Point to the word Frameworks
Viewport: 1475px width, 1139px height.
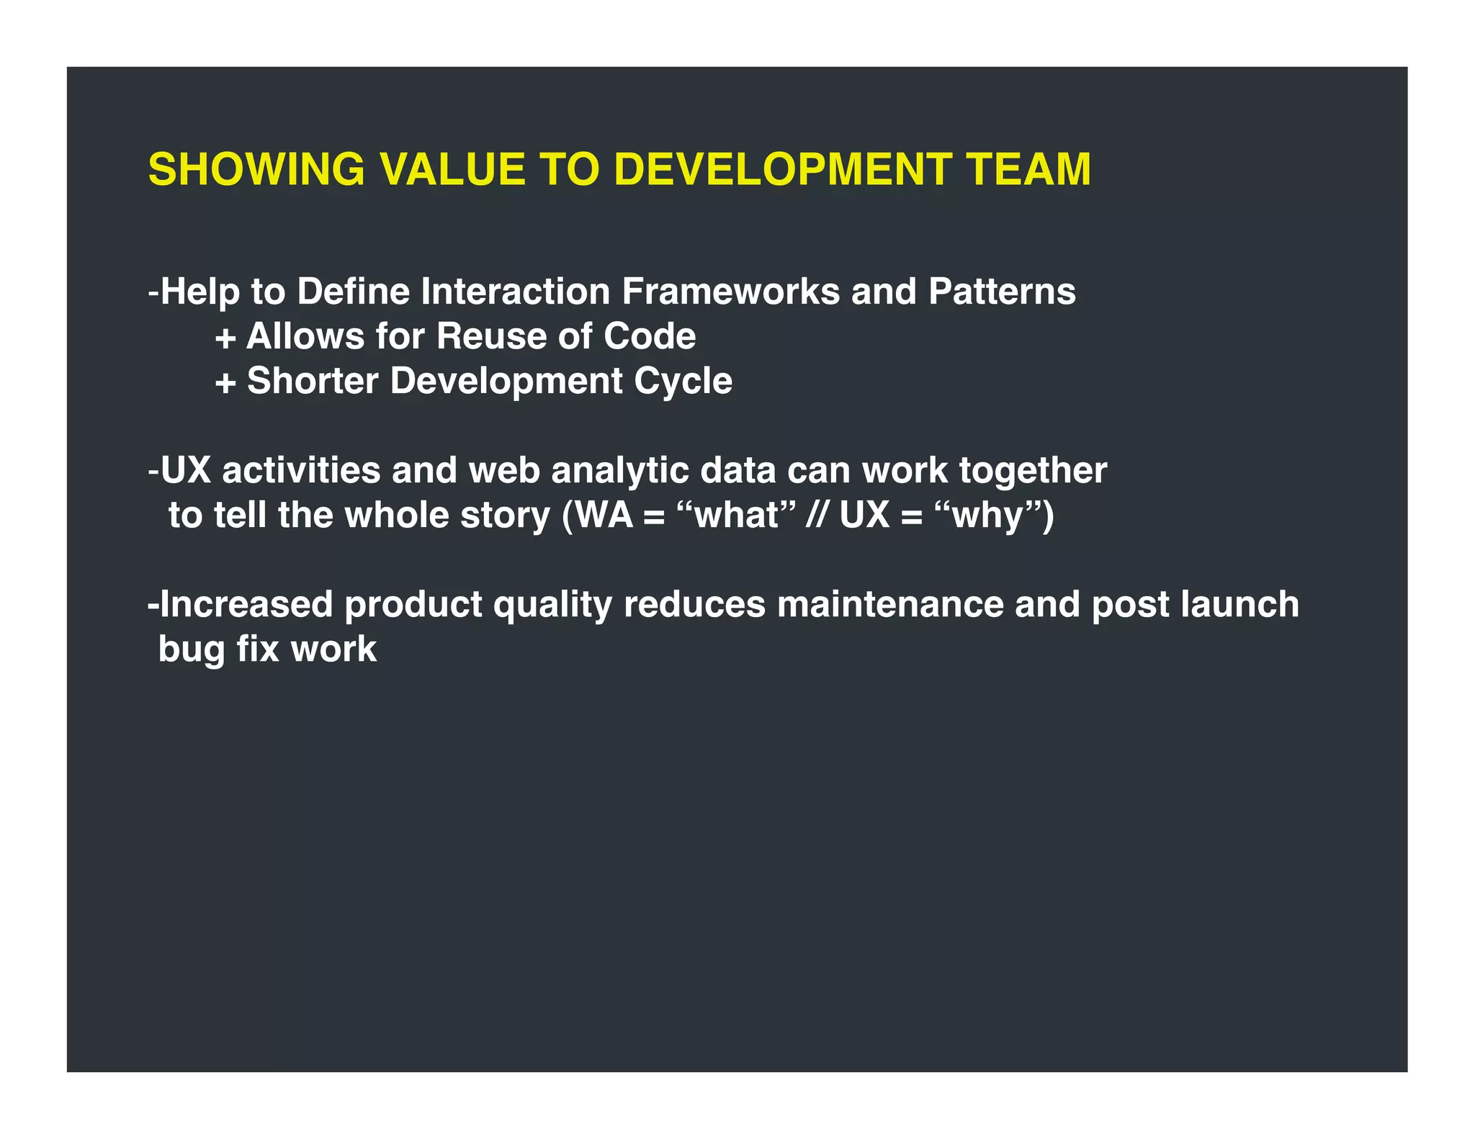[730, 292]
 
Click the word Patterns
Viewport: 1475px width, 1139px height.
[1002, 292]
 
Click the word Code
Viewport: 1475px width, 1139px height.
[650, 336]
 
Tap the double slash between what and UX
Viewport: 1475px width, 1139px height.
[816, 516]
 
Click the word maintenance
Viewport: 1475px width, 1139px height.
[889, 604]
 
